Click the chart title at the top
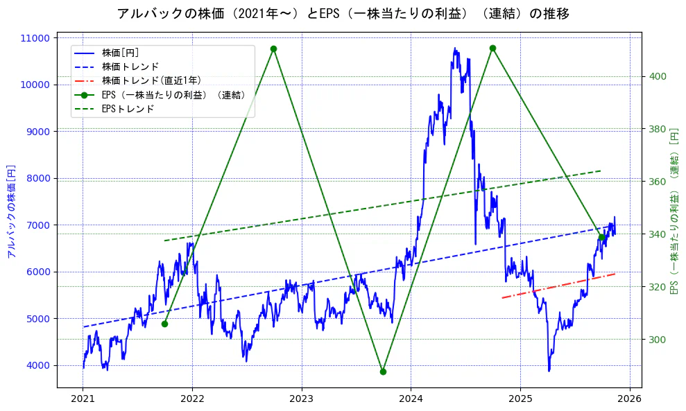coord(343,13)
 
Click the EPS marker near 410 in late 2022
coord(273,49)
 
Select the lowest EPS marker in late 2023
coord(383,371)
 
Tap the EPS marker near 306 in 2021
coord(164,324)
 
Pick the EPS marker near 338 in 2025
coord(602,237)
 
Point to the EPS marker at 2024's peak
coord(492,48)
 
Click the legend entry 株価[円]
coord(120,52)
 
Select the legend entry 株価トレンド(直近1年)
coord(151,80)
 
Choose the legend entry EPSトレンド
coord(128,109)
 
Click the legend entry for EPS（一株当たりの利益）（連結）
coord(174,94)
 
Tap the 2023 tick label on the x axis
coord(301,399)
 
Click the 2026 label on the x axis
coord(630,399)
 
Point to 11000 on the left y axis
coord(38,38)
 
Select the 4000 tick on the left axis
coord(41,365)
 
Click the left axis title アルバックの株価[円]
coord(10,211)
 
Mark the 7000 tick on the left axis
coord(41,225)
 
